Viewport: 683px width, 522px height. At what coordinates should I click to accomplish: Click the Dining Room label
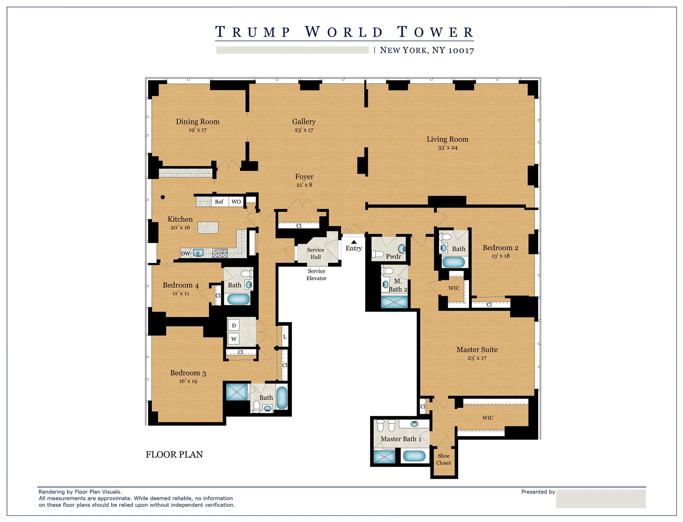click(197, 122)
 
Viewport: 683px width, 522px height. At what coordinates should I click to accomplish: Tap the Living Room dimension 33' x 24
click(447, 148)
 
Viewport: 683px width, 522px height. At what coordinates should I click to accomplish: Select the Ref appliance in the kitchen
click(219, 202)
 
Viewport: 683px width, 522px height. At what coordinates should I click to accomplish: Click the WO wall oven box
click(236, 202)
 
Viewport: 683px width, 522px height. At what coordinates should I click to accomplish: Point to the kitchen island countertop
click(208, 227)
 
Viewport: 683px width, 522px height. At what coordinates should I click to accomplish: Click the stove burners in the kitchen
click(220, 253)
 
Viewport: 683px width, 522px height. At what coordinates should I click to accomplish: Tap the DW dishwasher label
click(185, 253)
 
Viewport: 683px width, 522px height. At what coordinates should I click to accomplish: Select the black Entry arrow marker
click(354, 242)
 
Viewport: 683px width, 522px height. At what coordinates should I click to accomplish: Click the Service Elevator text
click(316, 275)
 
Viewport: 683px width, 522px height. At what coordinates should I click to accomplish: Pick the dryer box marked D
click(234, 326)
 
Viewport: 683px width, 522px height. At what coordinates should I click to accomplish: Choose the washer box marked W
click(234, 339)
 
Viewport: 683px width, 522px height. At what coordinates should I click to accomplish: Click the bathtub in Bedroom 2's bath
click(454, 262)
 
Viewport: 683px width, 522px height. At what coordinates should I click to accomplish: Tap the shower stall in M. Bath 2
click(394, 302)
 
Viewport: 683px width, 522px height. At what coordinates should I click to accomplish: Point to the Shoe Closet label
click(444, 459)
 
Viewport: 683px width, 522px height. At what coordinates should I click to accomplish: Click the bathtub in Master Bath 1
click(414, 456)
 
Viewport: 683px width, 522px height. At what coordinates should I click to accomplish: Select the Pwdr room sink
click(402, 248)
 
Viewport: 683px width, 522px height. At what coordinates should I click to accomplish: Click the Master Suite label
click(477, 350)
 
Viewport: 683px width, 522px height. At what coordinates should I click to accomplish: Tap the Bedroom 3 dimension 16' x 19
click(188, 381)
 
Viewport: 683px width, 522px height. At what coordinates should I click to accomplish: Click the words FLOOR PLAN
click(174, 455)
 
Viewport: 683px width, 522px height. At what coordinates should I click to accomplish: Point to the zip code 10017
click(461, 50)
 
